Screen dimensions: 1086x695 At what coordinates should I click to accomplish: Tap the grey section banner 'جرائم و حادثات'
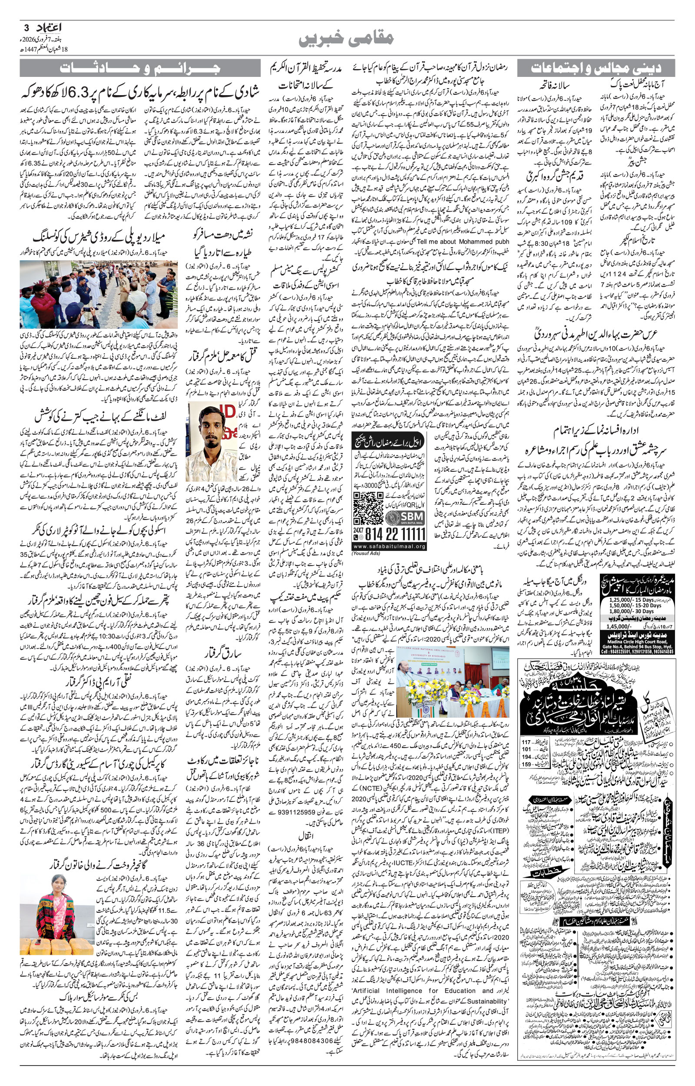(140, 69)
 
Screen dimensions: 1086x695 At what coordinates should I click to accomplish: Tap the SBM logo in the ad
(405, 514)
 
